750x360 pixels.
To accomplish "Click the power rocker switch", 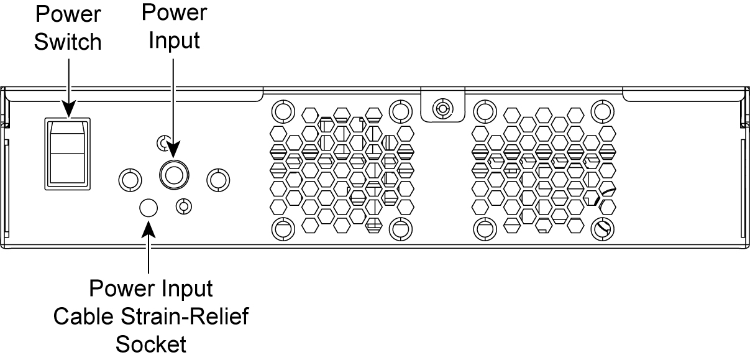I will point(68,152).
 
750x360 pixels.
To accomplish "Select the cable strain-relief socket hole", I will point(148,208).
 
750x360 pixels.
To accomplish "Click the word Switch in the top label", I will point(68,42).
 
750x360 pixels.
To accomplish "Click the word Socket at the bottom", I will point(152,344).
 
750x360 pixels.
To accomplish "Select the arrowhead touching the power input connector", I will point(172,152).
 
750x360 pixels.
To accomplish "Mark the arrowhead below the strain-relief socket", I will point(148,226).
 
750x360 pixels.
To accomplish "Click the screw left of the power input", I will point(129,179).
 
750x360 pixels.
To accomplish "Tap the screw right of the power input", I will point(217,179).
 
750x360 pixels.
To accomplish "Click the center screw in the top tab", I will point(442,109).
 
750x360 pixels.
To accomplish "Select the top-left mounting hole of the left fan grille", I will point(281,111).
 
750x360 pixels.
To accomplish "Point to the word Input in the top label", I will point(173,41).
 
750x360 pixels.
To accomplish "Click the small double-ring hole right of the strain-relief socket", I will point(183,206).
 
